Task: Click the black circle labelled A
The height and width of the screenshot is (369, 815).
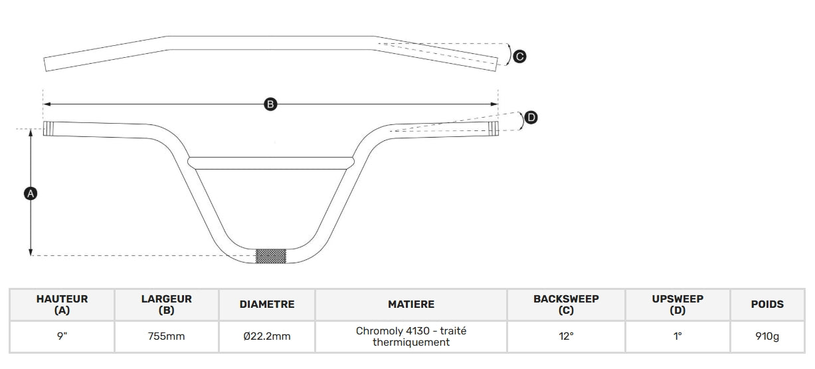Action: click(x=31, y=193)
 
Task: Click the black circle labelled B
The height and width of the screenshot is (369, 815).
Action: click(x=270, y=104)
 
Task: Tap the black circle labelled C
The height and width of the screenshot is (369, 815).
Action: click(x=519, y=57)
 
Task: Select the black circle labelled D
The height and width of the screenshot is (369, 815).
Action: click(x=531, y=117)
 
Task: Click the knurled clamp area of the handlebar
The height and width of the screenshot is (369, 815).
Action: click(x=271, y=256)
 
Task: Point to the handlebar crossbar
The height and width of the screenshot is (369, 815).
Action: click(x=271, y=163)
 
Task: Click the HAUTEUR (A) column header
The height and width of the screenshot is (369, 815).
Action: click(x=62, y=305)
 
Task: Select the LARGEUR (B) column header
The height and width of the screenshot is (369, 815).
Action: click(x=167, y=305)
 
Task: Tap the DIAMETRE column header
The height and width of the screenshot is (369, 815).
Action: click(x=267, y=305)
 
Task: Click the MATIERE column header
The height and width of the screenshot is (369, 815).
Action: click(x=411, y=305)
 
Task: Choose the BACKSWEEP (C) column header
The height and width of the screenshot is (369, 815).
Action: click(x=566, y=305)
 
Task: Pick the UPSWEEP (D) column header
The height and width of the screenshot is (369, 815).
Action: click(x=678, y=305)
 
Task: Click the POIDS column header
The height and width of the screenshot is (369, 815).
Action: click(x=767, y=305)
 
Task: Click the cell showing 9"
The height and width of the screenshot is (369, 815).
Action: click(x=62, y=336)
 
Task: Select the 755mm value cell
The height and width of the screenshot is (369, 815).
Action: click(x=167, y=336)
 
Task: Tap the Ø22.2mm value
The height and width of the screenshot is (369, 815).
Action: click(x=267, y=336)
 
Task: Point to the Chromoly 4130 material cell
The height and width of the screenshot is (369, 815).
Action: click(x=411, y=336)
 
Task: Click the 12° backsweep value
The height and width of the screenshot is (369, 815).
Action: click(x=566, y=336)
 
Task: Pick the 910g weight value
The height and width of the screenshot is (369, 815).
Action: click(x=767, y=336)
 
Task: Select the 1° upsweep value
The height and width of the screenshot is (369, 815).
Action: click(x=678, y=336)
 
